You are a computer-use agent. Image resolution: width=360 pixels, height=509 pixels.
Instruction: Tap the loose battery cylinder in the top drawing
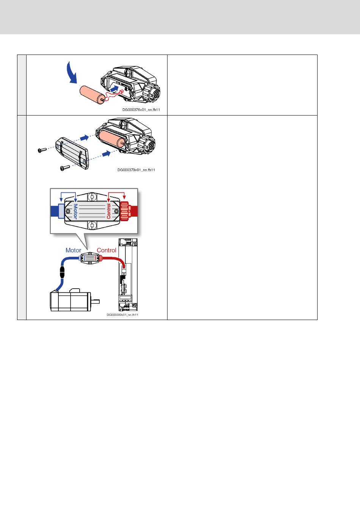point(92,95)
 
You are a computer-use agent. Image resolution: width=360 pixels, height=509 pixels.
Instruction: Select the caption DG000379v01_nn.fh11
point(136,170)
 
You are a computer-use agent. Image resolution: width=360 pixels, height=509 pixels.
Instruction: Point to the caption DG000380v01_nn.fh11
point(122,315)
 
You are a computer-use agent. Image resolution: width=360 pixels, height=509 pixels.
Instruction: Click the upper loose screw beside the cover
point(42,150)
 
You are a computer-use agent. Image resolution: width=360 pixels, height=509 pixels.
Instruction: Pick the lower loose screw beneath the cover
point(64,167)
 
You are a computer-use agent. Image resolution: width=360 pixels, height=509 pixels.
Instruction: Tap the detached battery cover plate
point(72,153)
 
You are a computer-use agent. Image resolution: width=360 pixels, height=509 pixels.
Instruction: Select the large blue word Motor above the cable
point(74,250)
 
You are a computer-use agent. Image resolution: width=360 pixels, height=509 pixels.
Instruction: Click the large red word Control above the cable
point(106,250)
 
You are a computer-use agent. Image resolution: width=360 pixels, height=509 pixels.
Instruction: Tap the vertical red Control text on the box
point(109,211)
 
